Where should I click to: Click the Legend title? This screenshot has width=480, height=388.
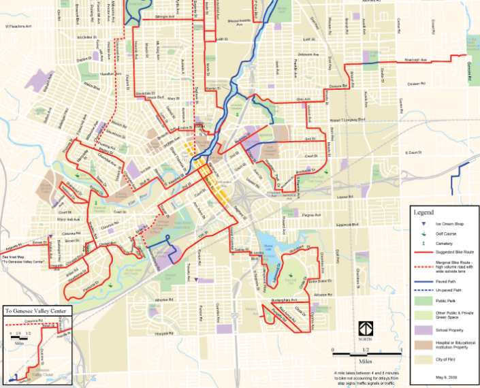[x=424, y=212]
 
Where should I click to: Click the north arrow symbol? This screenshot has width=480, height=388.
[x=366, y=330]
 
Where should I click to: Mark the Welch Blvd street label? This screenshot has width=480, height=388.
[x=91, y=86]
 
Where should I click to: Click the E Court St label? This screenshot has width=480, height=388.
[x=415, y=152]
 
